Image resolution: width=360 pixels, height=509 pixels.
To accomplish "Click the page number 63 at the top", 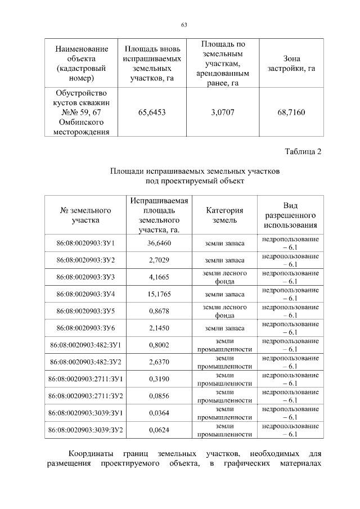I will click(184, 25).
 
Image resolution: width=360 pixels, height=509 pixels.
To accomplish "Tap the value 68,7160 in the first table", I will click(291, 112).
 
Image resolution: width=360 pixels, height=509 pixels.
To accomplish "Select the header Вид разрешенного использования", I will click(290, 215).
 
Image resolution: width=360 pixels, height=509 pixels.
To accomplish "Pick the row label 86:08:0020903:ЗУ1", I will click(86, 244).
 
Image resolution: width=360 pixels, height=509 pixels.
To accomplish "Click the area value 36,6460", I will click(159, 244).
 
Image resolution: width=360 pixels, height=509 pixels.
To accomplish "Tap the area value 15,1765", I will click(159, 294).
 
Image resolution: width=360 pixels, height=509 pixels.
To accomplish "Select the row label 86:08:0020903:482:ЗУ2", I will click(86, 362).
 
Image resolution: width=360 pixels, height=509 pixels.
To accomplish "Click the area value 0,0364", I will click(159, 413).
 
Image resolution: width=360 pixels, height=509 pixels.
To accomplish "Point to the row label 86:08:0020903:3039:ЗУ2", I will click(86, 430).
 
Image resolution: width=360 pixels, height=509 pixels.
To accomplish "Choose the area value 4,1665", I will click(159, 277).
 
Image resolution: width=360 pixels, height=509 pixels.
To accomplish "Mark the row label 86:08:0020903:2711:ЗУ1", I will click(86, 379).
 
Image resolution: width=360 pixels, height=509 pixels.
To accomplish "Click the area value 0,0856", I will click(159, 396).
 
